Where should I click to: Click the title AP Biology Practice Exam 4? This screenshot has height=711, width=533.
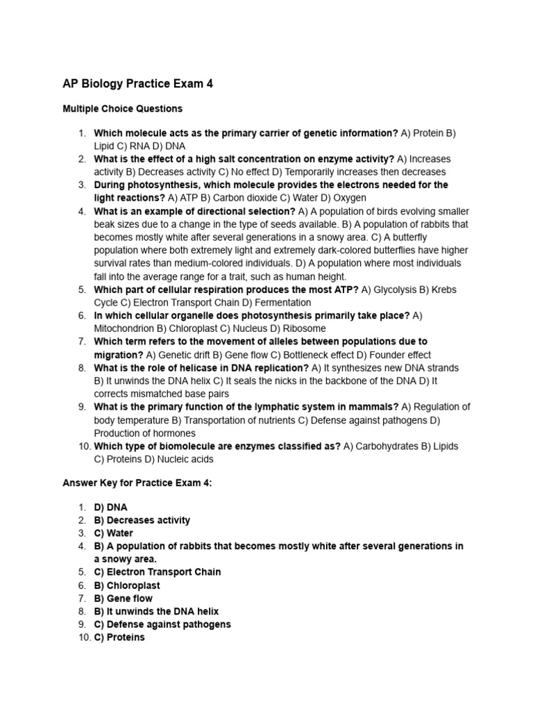click(x=137, y=84)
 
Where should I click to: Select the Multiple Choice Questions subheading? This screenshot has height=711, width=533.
click(x=122, y=108)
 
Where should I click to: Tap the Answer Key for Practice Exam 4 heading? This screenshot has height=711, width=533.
click(x=137, y=483)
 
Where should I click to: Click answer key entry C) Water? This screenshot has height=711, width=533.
click(x=113, y=533)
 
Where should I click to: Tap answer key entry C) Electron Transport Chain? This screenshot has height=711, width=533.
click(x=158, y=572)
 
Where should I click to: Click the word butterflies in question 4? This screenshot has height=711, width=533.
click(x=375, y=250)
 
